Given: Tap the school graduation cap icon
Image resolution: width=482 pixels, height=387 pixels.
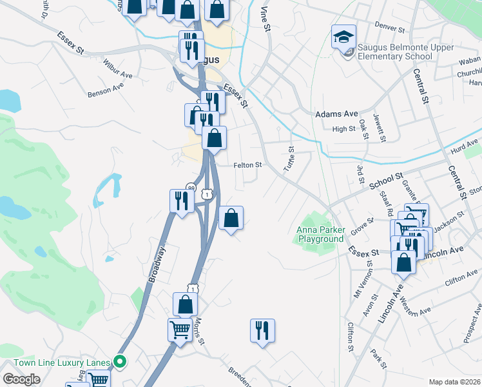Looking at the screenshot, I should [343, 37].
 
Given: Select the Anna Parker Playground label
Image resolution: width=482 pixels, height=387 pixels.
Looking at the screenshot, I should [320, 234].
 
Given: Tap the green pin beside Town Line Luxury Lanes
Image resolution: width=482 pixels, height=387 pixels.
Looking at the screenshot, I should [119, 362].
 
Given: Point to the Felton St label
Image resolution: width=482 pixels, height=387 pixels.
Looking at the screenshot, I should [247, 165].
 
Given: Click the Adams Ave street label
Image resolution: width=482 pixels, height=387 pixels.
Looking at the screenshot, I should [336, 114].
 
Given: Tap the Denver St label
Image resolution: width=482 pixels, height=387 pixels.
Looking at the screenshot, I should [390, 30].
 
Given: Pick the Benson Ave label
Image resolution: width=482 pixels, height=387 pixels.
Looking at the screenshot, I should [106, 90].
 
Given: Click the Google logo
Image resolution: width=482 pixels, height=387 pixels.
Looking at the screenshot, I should [21, 379].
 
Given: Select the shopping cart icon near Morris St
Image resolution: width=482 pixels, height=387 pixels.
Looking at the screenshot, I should [180, 330].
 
